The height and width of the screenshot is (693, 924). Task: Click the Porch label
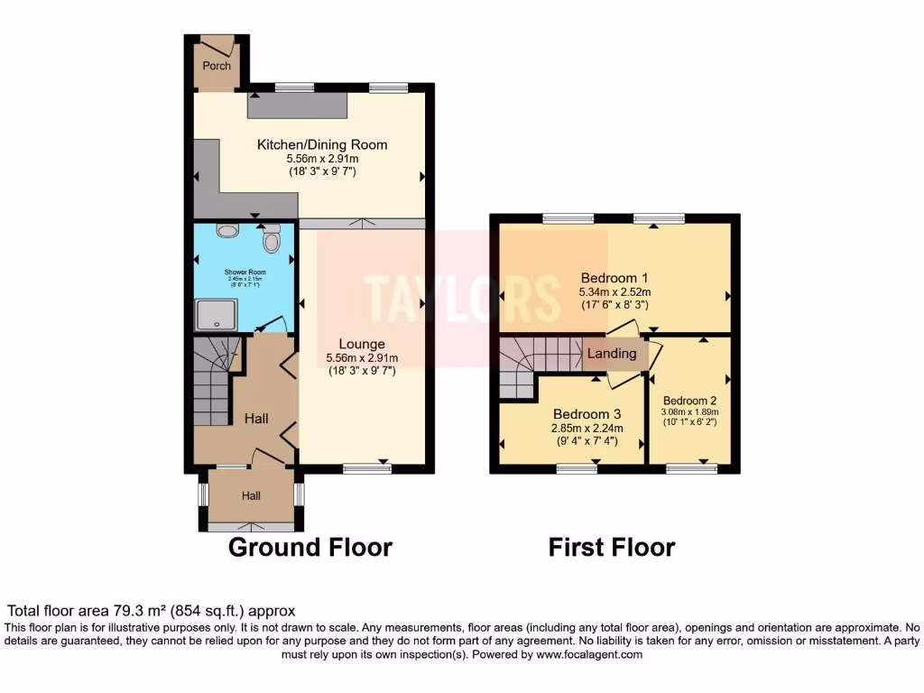(x=217, y=66)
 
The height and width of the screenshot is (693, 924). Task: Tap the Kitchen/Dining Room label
(x=322, y=144)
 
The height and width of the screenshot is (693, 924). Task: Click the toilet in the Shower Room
(x=271, y=240)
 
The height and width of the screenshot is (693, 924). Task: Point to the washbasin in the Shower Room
(x=227, y=231)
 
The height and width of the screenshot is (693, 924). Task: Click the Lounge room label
(x=362, y=344)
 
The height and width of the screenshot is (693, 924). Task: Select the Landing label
(x=613, y=354)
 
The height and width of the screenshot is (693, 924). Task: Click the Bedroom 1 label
(x=614, y=277)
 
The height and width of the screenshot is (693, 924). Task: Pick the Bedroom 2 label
(x=689, y=401)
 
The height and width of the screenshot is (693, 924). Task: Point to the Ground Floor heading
(x=310, y=547)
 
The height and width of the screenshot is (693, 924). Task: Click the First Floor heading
(x=612, y=547)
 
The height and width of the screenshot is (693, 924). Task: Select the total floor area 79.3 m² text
(x=151, y=611)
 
